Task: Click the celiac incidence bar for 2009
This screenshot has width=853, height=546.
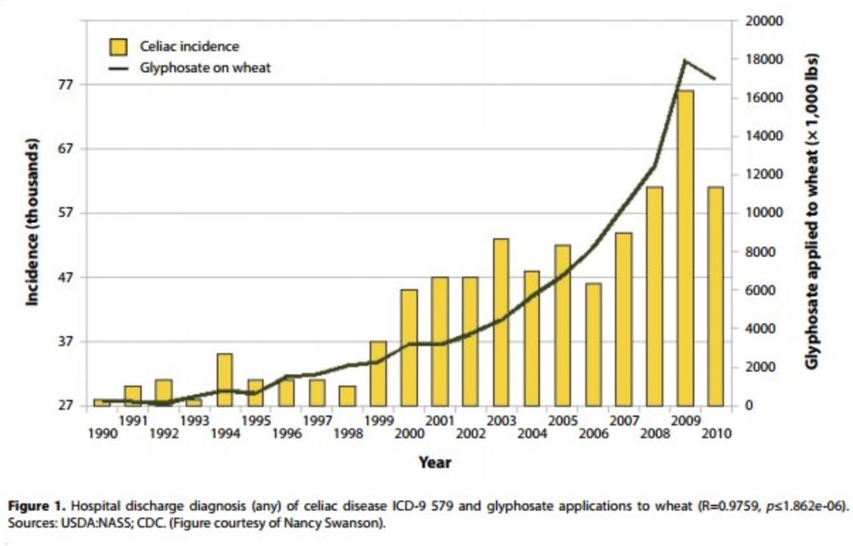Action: [685, 248]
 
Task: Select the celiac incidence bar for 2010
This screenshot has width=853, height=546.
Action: [716, 296]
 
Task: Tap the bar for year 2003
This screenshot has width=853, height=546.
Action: [500, 322]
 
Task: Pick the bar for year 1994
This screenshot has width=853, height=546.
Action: [225, 379]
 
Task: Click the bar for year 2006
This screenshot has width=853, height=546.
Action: [593, 344]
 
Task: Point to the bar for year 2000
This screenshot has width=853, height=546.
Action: [409, 348]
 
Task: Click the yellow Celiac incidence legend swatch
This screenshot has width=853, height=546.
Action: [118, 46]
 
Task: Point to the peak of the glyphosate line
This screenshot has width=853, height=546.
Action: [684, 60]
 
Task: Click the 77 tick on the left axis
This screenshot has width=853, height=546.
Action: [67, 85]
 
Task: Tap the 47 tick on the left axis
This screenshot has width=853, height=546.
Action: [67, 277]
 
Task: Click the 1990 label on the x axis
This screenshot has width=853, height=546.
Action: [102, 433]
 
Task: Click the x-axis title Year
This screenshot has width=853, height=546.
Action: [435, 462]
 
